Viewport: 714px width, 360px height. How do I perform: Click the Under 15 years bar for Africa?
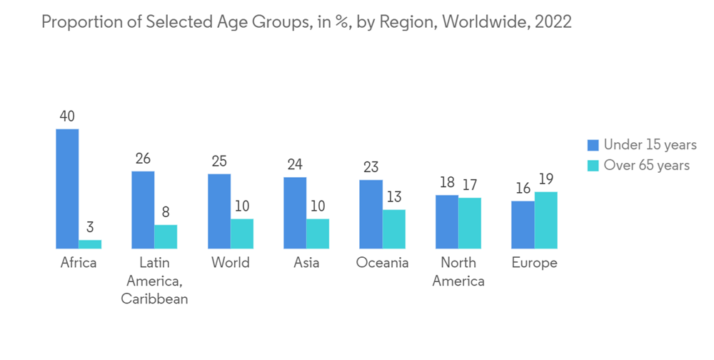67,189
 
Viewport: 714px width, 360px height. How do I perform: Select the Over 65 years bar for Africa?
90,244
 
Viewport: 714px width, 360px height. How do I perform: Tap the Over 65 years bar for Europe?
545,220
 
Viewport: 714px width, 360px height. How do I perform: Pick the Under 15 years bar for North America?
447,221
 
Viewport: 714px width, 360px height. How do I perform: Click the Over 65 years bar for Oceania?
393,229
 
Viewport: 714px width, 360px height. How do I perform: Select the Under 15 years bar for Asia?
295,213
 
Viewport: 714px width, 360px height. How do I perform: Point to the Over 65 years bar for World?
242,234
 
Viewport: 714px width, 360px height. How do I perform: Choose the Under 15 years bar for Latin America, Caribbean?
143,210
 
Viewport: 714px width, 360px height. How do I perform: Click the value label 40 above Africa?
67,116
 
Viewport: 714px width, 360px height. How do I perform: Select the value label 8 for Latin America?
166,212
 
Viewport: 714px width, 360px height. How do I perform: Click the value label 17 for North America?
470,185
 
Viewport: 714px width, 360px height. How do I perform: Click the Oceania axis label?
382,263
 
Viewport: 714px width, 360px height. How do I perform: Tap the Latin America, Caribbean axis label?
154,281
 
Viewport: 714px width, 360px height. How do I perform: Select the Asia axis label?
306,263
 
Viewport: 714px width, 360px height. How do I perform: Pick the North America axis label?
458,272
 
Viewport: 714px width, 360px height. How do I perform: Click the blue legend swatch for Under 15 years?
593,145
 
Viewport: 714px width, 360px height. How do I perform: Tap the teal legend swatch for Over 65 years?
593,166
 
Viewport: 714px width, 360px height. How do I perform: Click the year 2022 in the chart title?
553,21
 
